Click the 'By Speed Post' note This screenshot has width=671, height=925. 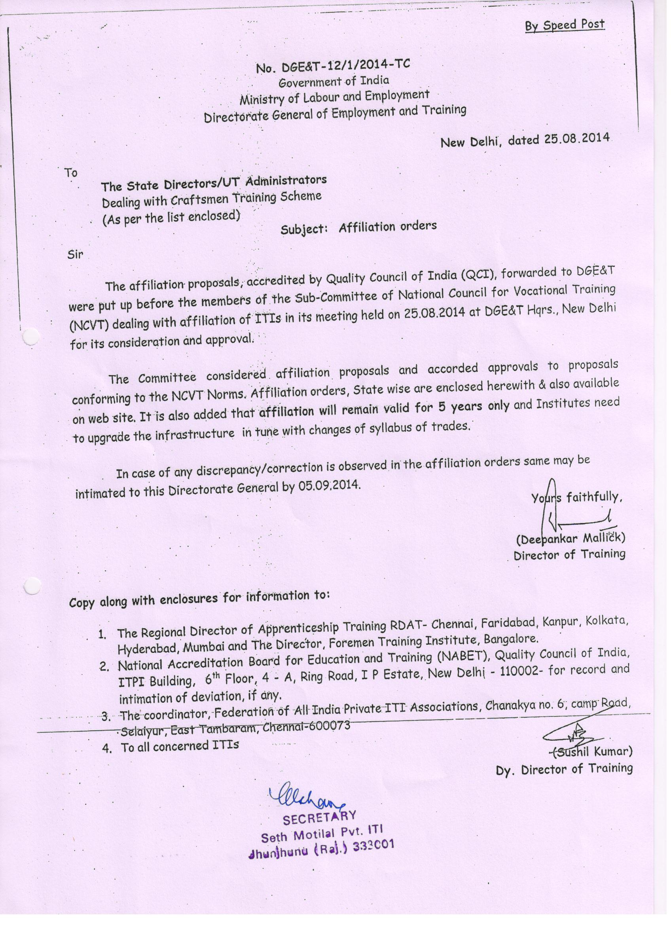coord(564,25)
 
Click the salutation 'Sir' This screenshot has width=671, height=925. coord(75,254)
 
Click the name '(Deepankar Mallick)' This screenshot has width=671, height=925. coord(571,539)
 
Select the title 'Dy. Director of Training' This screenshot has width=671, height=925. coord(564,769)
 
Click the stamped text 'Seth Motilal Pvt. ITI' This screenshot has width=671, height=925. coord(321,834)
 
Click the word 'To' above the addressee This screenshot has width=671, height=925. coord(71,173)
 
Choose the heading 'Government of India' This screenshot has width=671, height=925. coord(334,82)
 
